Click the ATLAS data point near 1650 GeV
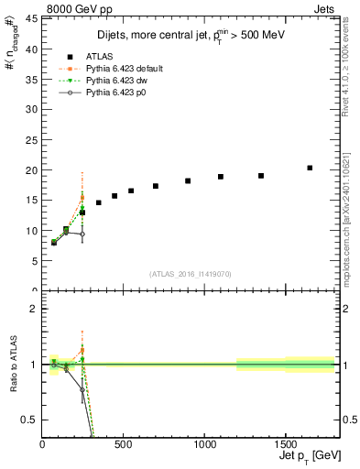pos(310,168)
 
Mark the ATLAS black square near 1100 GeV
pos(221,177)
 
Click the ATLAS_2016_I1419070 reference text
pos(190,273)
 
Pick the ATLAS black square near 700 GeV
pos(156,186)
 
